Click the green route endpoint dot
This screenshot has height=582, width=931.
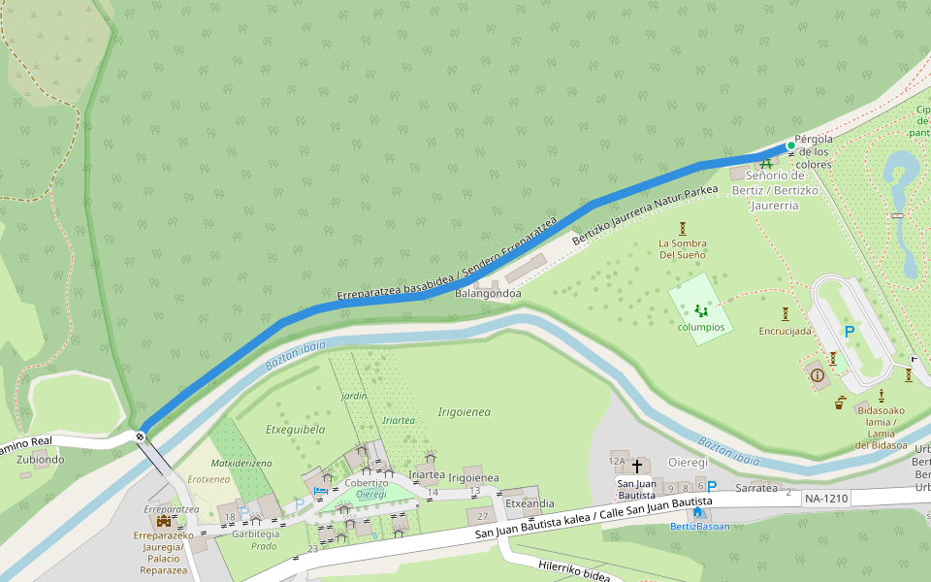(791, 145)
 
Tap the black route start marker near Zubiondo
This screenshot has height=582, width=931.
(142, 436)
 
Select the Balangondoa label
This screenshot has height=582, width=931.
(489, 294)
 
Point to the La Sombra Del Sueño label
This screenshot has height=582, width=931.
(682, 248)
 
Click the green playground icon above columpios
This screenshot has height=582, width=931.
(700, 311)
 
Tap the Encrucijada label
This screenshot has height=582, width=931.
(785, 331)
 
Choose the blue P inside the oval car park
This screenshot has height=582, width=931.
(850, 333)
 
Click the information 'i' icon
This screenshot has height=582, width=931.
(817, 375)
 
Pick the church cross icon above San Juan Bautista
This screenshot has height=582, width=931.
(637, 467)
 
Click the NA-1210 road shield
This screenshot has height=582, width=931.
(826, 499)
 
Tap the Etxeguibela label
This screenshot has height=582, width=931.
(295, 429)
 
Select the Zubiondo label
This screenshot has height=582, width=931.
(40, 460)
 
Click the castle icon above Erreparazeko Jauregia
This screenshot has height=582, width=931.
(164, 521)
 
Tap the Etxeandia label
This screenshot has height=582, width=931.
(530, 503)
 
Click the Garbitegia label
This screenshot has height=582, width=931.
(255, 533)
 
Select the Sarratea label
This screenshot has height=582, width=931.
(757, 488)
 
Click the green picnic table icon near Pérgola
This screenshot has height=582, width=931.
(766, 163)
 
